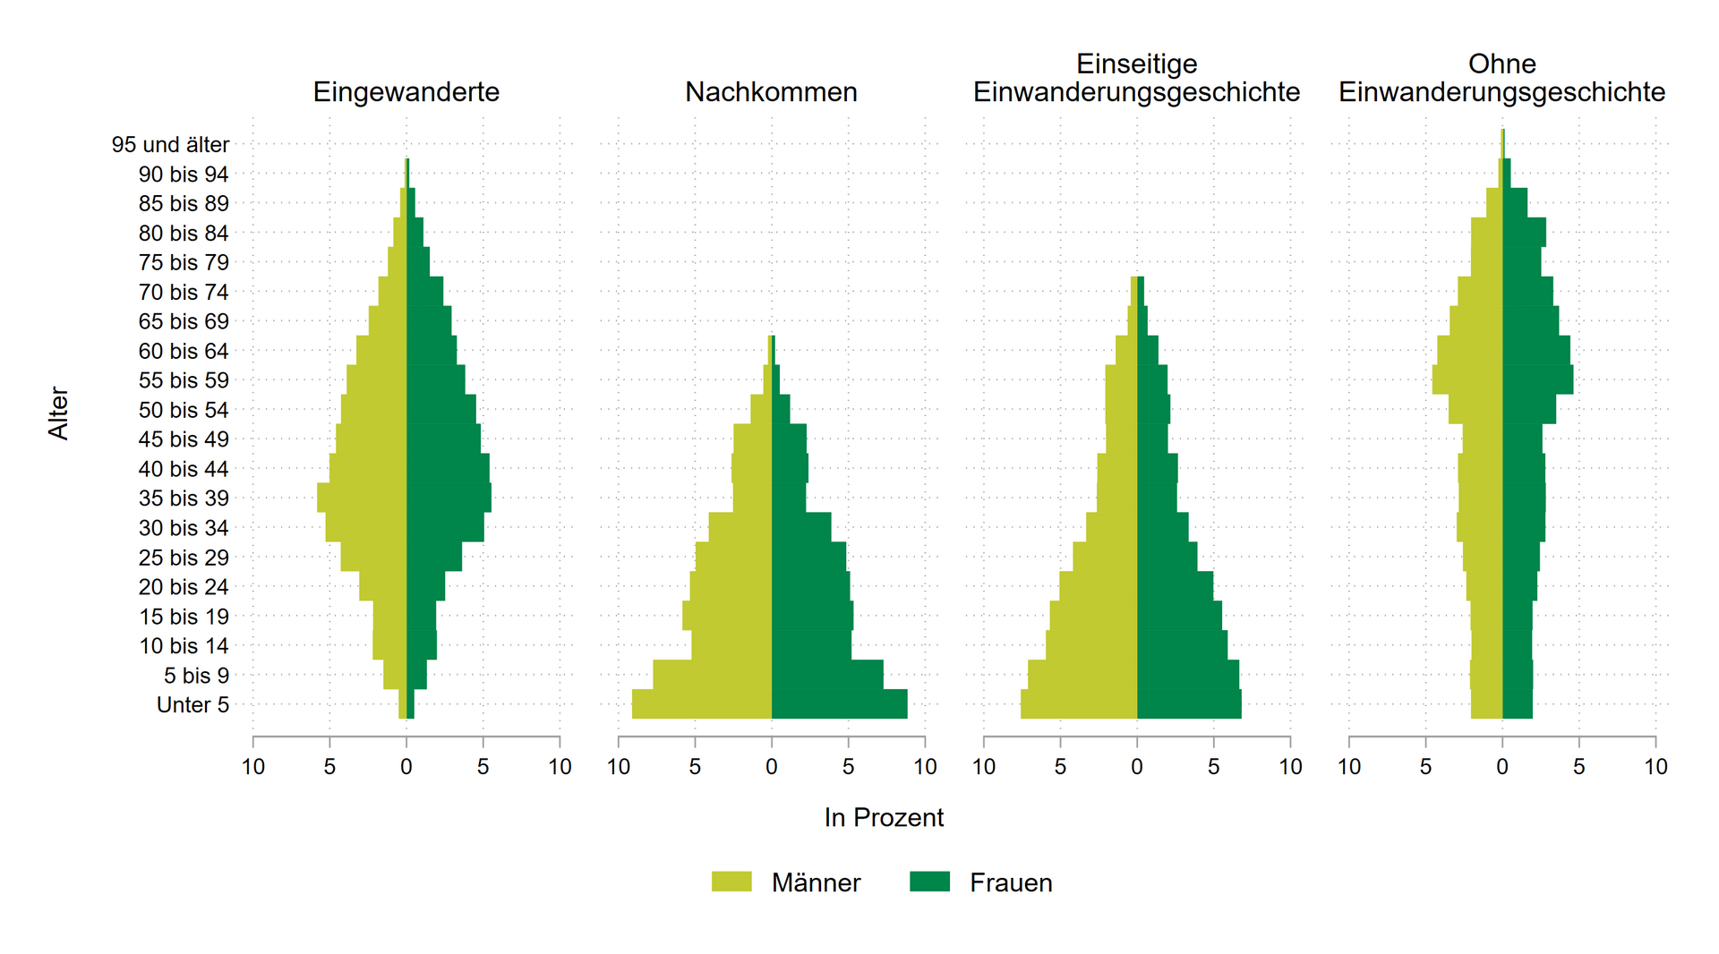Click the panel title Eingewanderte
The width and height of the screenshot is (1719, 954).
click(406, 92)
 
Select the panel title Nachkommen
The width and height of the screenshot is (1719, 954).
click(771, 92)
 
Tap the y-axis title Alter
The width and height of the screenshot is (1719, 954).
click(58, 413)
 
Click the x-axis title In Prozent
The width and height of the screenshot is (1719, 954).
click(884, 818)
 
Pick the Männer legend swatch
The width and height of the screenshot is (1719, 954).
click(731, 882)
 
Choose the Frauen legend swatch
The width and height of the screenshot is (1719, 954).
click(929, 882)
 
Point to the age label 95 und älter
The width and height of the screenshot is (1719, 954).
click(170, 145)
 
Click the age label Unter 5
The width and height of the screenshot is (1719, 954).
click(192, 705)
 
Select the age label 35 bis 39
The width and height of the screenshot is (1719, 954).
click(184, 498)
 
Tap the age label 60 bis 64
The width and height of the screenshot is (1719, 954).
click(184, 351)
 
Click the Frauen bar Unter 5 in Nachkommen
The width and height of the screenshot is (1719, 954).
click(839, 704)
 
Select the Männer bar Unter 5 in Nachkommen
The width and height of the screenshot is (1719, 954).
click(702, 704)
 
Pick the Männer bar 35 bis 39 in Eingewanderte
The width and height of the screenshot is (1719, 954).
click(362, 498)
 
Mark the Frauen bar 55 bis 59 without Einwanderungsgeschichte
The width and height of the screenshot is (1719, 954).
click(1537, 379)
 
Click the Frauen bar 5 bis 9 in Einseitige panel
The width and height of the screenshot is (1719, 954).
click(1188, 675)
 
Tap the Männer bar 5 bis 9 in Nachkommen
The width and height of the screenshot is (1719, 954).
click(713, 675)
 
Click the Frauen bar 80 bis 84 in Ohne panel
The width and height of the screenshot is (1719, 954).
click(1524, 232)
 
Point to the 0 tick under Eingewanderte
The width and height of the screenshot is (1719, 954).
click(406, 767)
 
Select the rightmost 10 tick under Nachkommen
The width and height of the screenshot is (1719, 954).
click(925, 767)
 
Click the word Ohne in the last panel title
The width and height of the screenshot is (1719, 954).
click(1501, 64)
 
